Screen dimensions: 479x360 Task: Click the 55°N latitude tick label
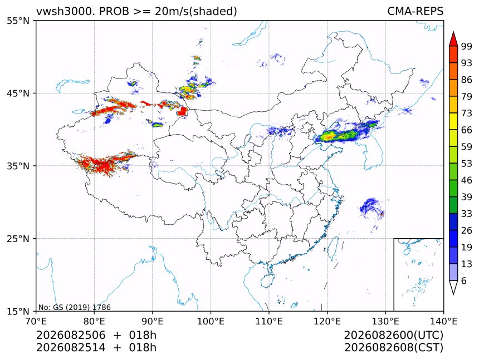(18, 21)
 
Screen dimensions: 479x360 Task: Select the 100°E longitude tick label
(211, 321)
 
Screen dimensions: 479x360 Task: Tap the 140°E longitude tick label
(443, 321)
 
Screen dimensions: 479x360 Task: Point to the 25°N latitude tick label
(18, 239)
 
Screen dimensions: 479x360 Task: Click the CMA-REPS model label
(415, 11)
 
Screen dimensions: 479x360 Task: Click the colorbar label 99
(467, 46)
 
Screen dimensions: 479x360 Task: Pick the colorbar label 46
(467, 180)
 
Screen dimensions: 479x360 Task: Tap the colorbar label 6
(464, 280)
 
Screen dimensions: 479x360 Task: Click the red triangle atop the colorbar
(453, 39)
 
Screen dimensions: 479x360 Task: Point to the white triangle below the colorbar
(453, 287)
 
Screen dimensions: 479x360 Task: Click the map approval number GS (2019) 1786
(82, 307)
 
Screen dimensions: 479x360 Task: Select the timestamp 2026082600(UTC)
(393, 335)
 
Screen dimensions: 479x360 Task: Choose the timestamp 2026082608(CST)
(393, 348)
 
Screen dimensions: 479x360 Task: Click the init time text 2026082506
(71, 335)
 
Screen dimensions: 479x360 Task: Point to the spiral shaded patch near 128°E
(371, 208)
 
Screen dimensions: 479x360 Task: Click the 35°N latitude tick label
(18, 166)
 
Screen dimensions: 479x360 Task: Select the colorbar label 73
(467, 114)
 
